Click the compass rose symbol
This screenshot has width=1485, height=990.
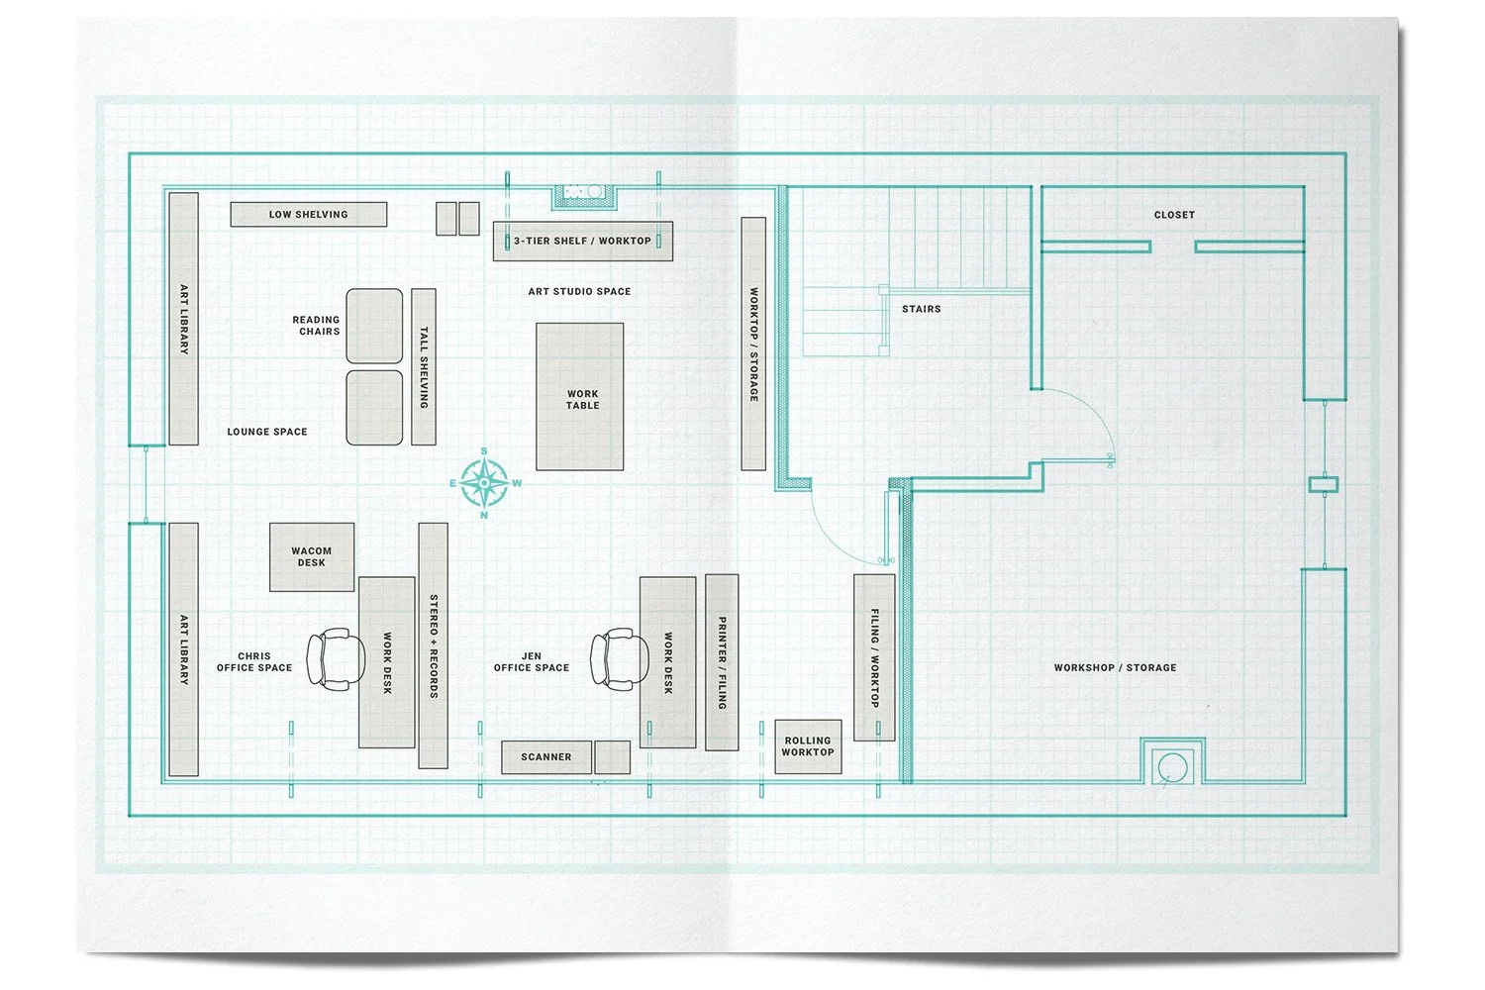coord(484,483)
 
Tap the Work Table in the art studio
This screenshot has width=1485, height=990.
coord(580,397)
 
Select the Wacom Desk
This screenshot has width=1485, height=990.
coord(312,557)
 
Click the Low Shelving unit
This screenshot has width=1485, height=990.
coord(309,214)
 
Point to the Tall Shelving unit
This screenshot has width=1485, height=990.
coord(424,366)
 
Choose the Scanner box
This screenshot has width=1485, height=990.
coord(546,757)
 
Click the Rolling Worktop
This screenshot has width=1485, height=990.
coord(808,746)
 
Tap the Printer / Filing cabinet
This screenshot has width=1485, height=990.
coord(722,662)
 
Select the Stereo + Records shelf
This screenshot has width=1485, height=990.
coord(434,645)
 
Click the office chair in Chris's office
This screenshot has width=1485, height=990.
coord(329,659)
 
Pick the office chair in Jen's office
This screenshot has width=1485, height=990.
coord(614,659)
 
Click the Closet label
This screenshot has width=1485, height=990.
coord(1174,215)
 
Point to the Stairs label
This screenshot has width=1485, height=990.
coord(921,309)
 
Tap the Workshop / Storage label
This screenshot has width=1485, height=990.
coord(1115,668)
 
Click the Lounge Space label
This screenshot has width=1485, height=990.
coord(267,432)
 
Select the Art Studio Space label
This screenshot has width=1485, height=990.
coord(579,292)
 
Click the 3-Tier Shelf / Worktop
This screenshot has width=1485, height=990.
coord(583,241)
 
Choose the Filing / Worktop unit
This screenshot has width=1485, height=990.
coord(874,657)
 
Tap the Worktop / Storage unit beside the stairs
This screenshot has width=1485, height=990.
coord(753,344)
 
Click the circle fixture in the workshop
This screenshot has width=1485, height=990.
coord(1172,766)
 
